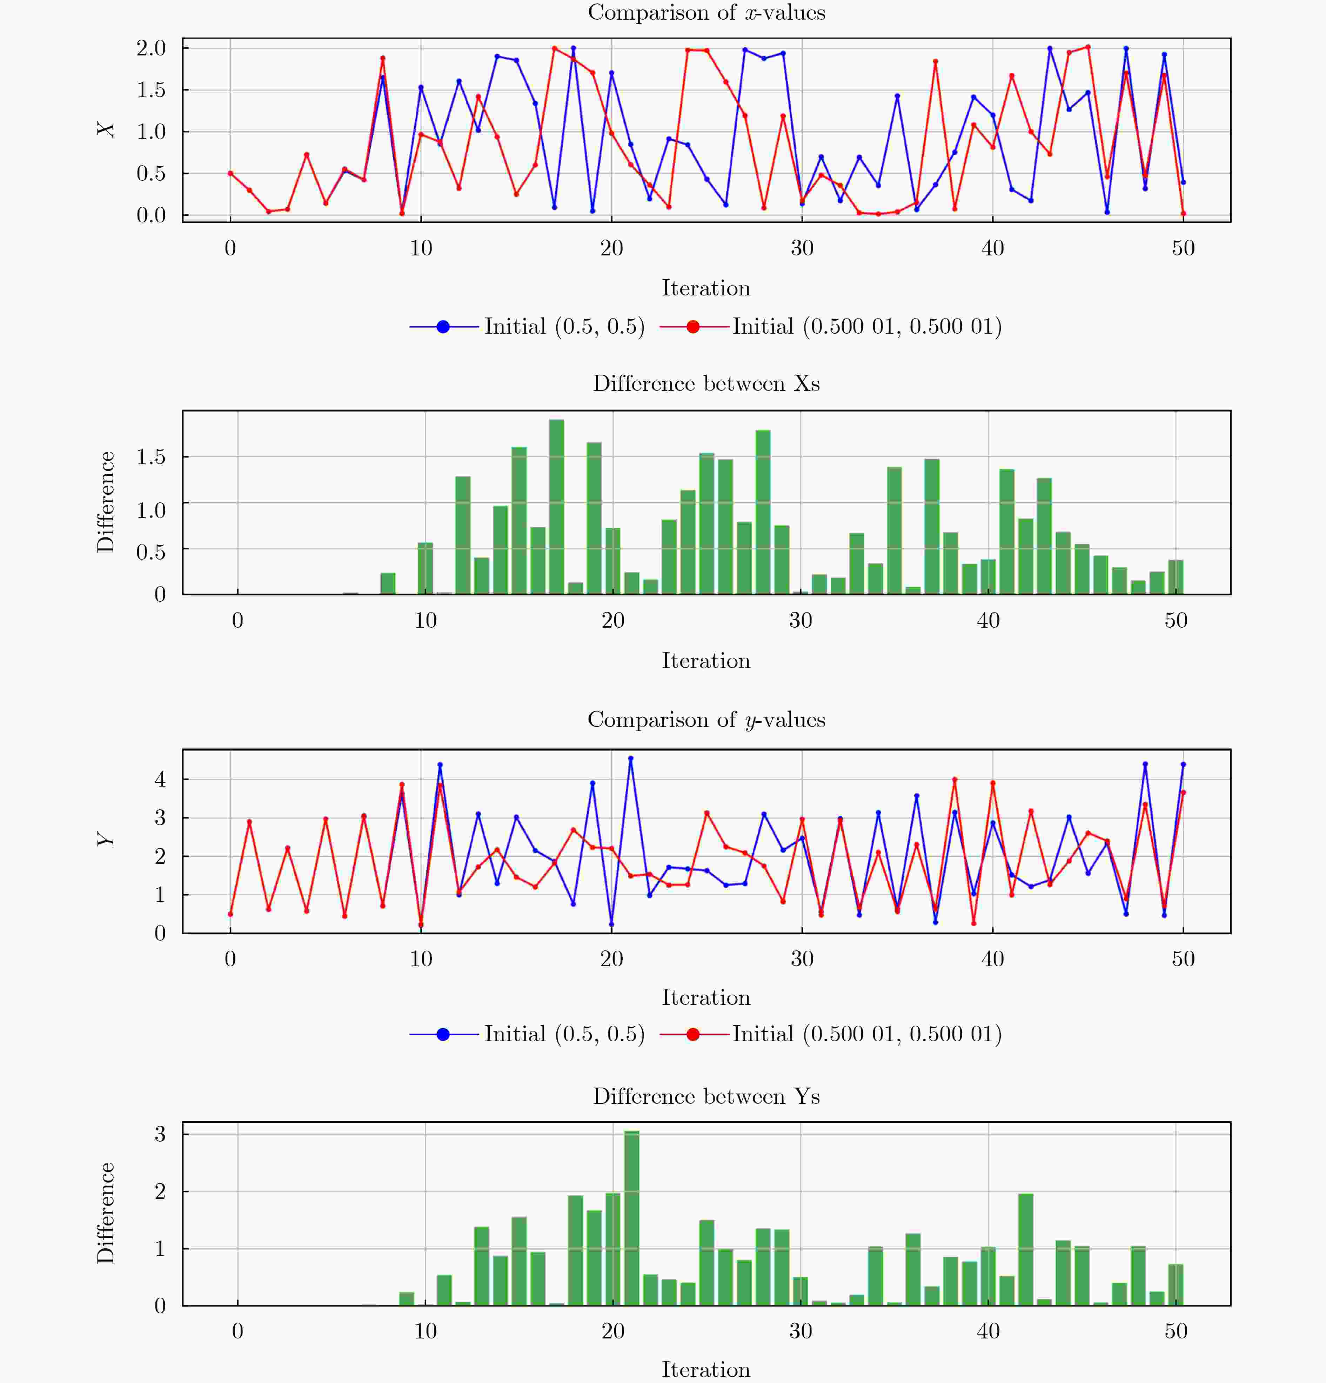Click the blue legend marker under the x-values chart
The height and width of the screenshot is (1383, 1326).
click(x=443, y=327)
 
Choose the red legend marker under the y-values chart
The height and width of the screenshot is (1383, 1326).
click(x=693, y=1034)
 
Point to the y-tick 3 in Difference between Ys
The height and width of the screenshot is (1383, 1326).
click(x=160, y=1134)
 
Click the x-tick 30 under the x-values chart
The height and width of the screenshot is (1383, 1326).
click(x=802, y=248)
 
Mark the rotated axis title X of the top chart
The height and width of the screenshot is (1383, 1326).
click(x=106, y=130)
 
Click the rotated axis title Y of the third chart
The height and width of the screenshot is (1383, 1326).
click(x=106, y=840)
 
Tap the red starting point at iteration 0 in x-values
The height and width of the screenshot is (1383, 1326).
click(x=230, y=173)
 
